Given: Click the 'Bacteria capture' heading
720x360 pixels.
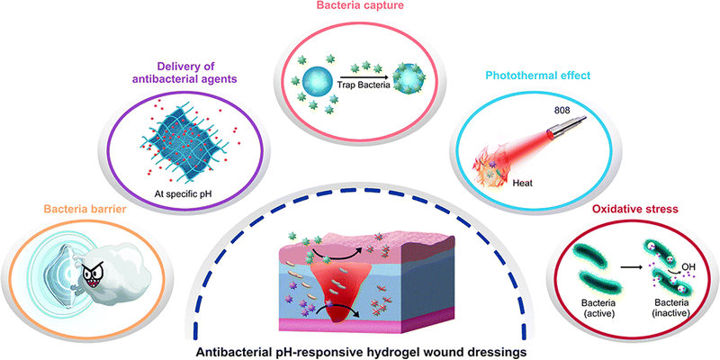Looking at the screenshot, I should (x=361, y=7).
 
